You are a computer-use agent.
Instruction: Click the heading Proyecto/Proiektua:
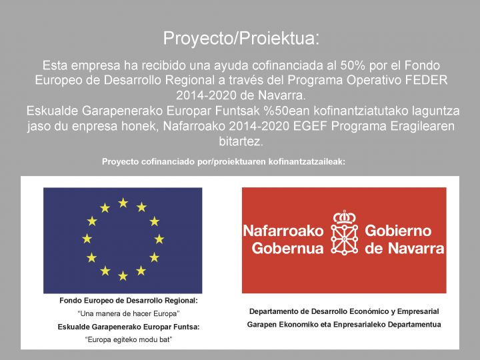(x=241, y=38)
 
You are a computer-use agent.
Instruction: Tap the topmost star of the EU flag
(x=123, y=203)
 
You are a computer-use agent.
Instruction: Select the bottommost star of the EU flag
(x=123, y=275)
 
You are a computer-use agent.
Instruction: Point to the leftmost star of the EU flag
(x=87, y=239)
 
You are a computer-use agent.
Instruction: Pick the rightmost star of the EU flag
(x=159, y=239)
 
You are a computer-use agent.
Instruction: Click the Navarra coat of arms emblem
(x=345, y=233)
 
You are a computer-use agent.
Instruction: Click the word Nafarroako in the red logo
(x=283, y=231)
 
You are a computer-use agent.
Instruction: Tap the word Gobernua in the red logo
(x=287, y=249)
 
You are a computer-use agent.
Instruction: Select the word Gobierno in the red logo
(x=399, y=231)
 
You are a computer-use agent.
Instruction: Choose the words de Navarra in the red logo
(x=405, y=249)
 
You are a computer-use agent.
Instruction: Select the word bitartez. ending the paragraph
(x=241, y=141)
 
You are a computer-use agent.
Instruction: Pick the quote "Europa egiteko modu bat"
(x=129, y=339)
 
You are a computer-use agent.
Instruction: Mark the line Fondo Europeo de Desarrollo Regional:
(x=129, y=301)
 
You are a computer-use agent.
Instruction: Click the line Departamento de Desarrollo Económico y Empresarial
(x=344, y=311)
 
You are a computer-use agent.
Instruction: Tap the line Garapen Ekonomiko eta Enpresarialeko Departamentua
(x=344, y=324)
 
